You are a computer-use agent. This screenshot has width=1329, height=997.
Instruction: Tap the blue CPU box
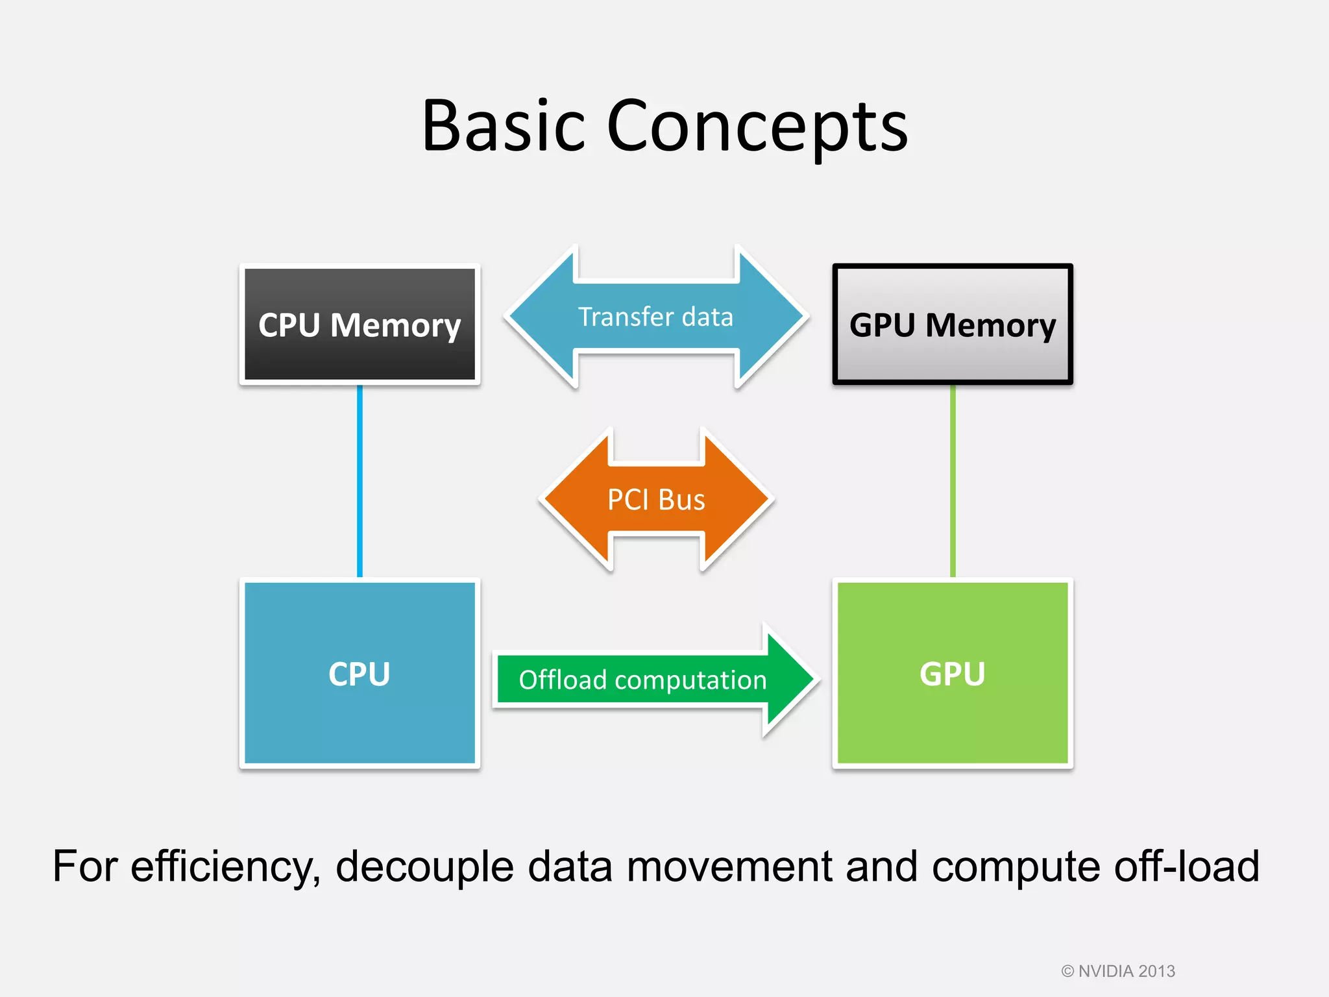tap(360, 673)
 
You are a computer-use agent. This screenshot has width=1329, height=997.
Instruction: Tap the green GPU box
tap(952, 673)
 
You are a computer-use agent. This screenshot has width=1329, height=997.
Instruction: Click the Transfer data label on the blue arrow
tap(655, 317)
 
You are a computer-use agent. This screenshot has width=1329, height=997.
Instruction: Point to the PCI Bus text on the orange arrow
tap(655, 500)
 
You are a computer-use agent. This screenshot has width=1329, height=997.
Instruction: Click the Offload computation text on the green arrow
tap(642, 680)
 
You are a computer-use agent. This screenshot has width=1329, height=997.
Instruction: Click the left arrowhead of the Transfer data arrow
tap(539, 317)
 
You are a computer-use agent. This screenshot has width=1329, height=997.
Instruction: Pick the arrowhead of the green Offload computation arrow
tap(788, 680)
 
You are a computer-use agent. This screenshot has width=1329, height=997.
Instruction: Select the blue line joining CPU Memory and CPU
tap(360, 480)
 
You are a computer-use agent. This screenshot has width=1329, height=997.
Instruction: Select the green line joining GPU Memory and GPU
tap(952, 480)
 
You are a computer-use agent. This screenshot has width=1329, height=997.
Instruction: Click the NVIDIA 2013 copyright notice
tap(1118, 971)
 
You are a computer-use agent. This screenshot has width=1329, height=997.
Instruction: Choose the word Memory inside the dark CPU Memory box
tap(395, 325)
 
